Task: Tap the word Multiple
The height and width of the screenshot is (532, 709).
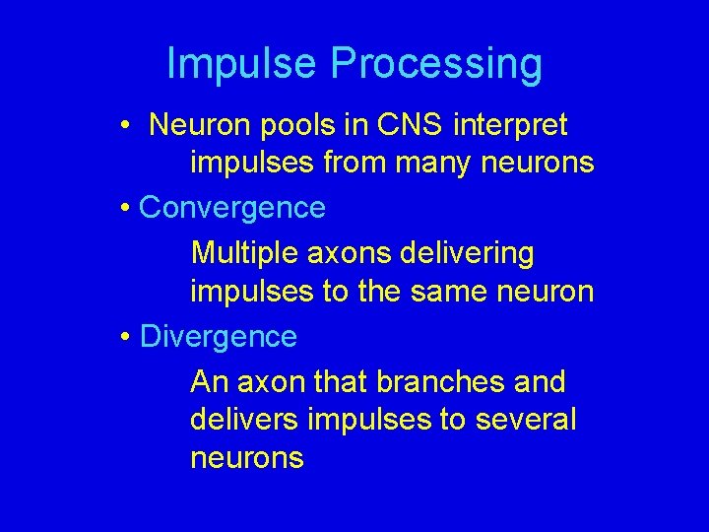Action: click(x=246, y=254)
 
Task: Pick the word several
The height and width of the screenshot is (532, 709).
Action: click(x=526, y=420)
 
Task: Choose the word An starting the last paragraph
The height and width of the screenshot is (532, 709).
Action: click(x=208, y=381)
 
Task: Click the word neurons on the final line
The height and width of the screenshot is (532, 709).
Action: click(x=247, y=458)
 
